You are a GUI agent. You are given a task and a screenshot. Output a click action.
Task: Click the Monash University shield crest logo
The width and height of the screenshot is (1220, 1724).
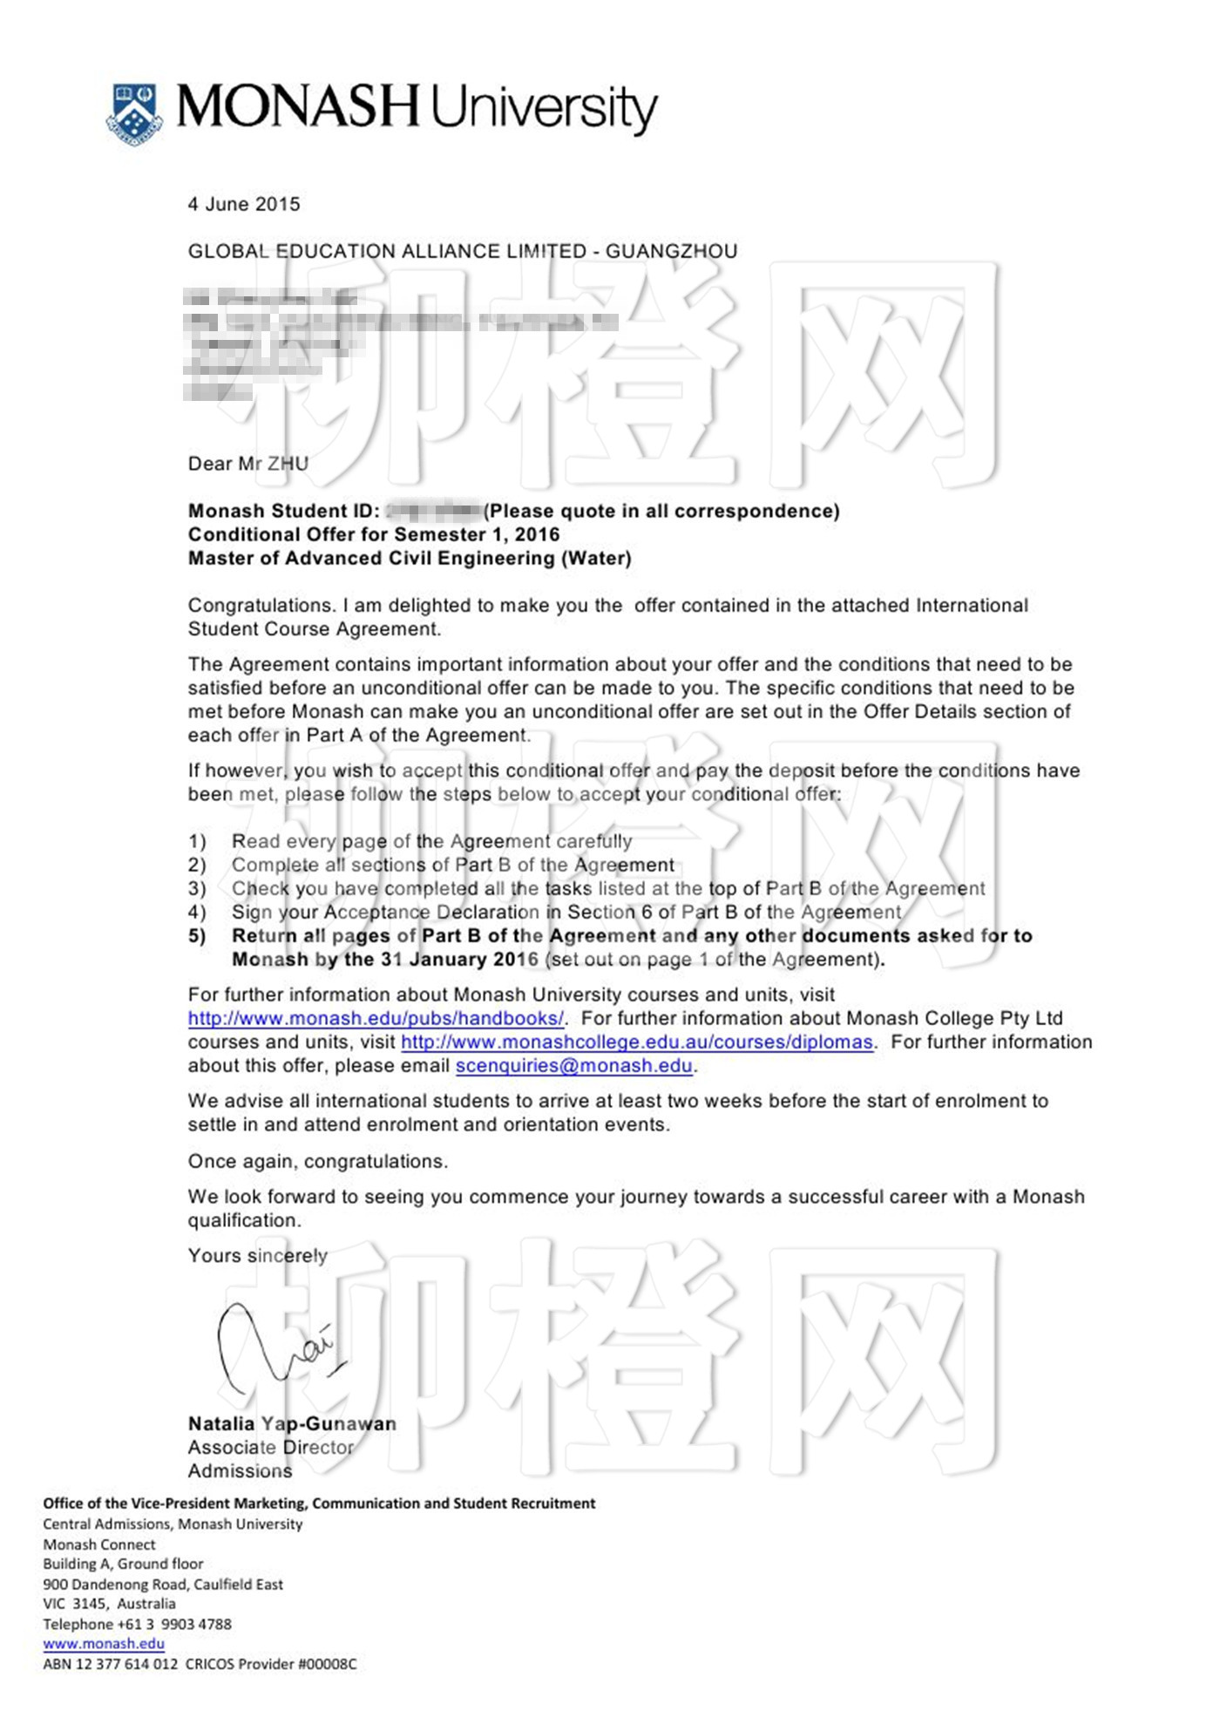[x=134, y=113]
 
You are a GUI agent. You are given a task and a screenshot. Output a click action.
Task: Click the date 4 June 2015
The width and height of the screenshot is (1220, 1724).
[x=244, y=204]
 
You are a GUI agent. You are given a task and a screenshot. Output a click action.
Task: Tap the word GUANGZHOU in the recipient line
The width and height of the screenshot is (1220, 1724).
[x=671, y=251]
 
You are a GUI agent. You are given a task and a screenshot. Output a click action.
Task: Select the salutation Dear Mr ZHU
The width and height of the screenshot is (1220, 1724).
[x=248, y=464]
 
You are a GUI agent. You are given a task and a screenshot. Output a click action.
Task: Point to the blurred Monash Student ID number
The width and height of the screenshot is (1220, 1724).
[x=433, y=511]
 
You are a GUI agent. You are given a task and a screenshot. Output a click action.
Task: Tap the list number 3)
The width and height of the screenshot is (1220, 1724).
[x=198, y=888]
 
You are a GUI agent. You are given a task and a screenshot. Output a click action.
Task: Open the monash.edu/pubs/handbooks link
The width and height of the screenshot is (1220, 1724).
[x=376, y=1018]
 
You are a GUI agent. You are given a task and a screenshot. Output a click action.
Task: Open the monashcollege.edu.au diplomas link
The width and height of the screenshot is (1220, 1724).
[x=637, y=1042]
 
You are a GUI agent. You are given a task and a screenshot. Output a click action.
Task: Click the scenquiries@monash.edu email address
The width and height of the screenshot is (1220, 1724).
[x=574, y=1065]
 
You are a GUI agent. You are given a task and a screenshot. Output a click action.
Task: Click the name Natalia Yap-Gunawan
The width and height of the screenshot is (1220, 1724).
[x=292, y=1423]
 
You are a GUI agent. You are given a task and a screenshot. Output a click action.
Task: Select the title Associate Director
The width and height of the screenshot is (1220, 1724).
[x=271, y=1447]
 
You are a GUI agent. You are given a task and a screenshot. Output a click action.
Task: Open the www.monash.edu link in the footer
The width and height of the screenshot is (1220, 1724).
[x=104, y=1644]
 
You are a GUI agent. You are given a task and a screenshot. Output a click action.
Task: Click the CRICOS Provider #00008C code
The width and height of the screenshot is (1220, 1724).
[x=271, y=1664]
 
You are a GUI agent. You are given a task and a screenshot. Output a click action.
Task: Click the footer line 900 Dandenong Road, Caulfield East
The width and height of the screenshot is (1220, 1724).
[x=163, y=1584]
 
